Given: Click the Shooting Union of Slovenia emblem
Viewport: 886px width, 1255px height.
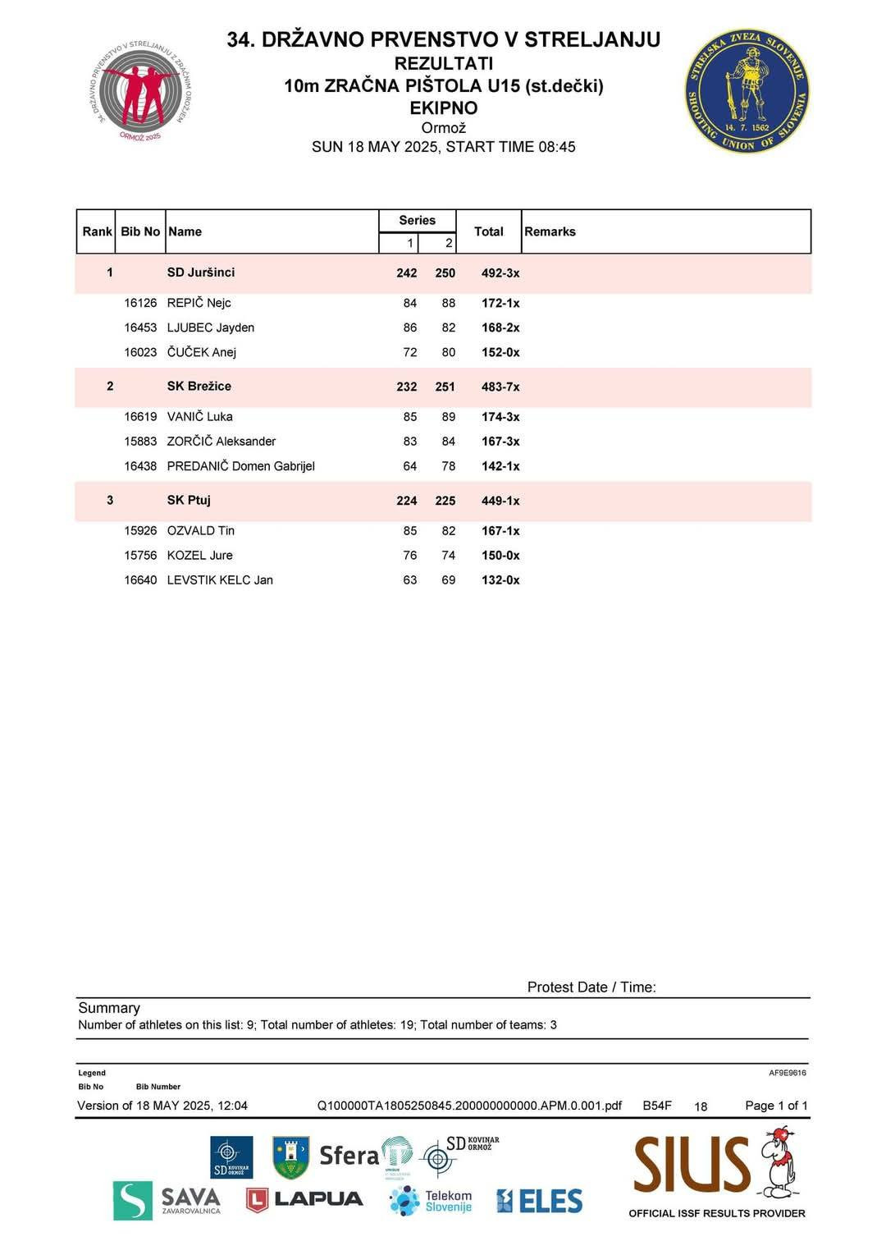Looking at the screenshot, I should click(747, 91).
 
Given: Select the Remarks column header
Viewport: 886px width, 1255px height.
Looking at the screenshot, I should click(550, 231).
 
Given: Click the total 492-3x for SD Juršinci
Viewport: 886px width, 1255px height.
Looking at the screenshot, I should click(500, 273).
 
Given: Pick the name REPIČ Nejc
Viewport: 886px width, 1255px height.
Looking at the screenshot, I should click(199, 303).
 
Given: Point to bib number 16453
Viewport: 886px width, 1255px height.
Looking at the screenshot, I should click(140, 327).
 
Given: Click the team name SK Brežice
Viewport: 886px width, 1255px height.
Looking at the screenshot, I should click(199, 387).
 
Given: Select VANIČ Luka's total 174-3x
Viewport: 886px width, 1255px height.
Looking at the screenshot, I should click(500, 417).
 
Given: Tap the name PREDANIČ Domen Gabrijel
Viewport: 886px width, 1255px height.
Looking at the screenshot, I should click(240, 466).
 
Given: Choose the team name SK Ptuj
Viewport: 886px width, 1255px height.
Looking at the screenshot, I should click(189, 501).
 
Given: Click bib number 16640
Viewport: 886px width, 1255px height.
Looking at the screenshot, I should click(140, 580).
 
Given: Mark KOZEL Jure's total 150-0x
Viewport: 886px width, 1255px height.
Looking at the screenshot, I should click(500, 556).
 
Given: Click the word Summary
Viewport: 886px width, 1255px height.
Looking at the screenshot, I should click(109, 1008).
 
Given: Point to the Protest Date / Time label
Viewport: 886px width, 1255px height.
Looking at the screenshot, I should click(591, 987).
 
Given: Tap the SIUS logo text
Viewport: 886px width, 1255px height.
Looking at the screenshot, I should click(692, 1166).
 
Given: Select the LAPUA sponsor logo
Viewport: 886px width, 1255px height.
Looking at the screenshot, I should click(304, 1199).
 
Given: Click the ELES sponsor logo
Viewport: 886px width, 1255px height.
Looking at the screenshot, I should click(539, 1202).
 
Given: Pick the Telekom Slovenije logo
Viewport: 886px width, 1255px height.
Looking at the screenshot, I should click(431, 1201).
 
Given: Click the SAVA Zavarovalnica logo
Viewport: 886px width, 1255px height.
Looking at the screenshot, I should click(167, 1201).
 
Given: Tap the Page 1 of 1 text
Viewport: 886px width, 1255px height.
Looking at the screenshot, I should click(776, 1106).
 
